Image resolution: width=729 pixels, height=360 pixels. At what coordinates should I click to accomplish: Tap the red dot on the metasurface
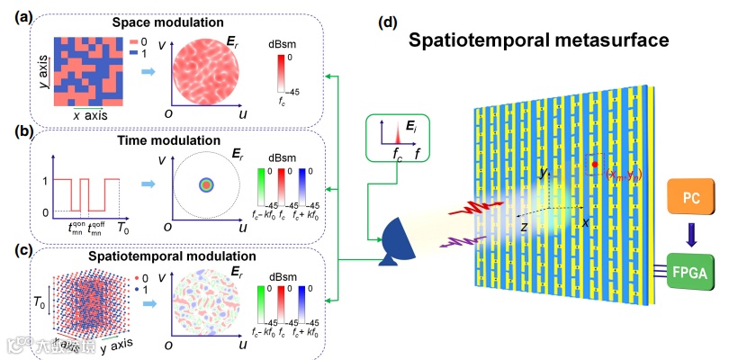point(595,166)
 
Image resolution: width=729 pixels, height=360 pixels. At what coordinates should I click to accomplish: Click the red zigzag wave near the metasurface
point(462,211)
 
